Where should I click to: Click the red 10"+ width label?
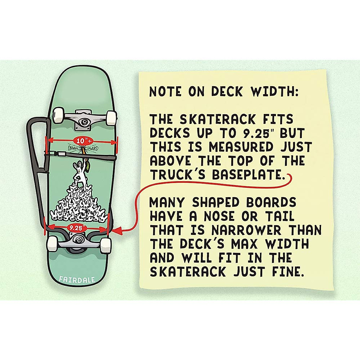pyautogui.click(x=81, y=140)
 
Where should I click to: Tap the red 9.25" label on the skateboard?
pyautogui.click(x=76, y=228)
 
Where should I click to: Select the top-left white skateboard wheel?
pyautogui.click(x=58, y=115)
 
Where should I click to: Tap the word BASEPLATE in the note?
pyautogui.click(x=248, y=175)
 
